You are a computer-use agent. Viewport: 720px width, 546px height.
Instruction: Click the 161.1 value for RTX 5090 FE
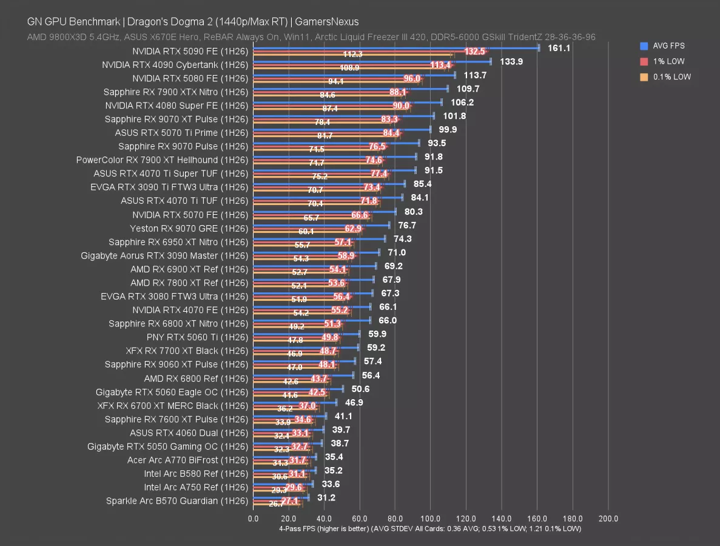coord(559,48)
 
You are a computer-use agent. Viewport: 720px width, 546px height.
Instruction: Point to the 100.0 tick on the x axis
coord(431,519)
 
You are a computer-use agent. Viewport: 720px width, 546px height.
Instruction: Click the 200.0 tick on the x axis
coord(608,519)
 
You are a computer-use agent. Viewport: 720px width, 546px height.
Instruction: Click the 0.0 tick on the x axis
coord(254,519)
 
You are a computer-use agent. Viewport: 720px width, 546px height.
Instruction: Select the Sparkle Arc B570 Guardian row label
coord(177,501)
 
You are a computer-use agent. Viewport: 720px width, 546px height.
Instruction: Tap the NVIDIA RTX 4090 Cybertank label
coord(175,65)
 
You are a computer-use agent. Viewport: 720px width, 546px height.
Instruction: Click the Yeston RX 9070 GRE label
coord(189,229)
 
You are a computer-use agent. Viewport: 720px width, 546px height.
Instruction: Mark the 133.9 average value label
coord(511,61)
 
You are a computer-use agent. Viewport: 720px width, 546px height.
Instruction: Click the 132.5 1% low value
coord(475,52)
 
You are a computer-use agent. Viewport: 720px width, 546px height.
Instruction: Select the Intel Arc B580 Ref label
coord(196,474)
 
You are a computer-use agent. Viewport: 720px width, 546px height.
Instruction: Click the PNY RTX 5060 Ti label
coord(197,337)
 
